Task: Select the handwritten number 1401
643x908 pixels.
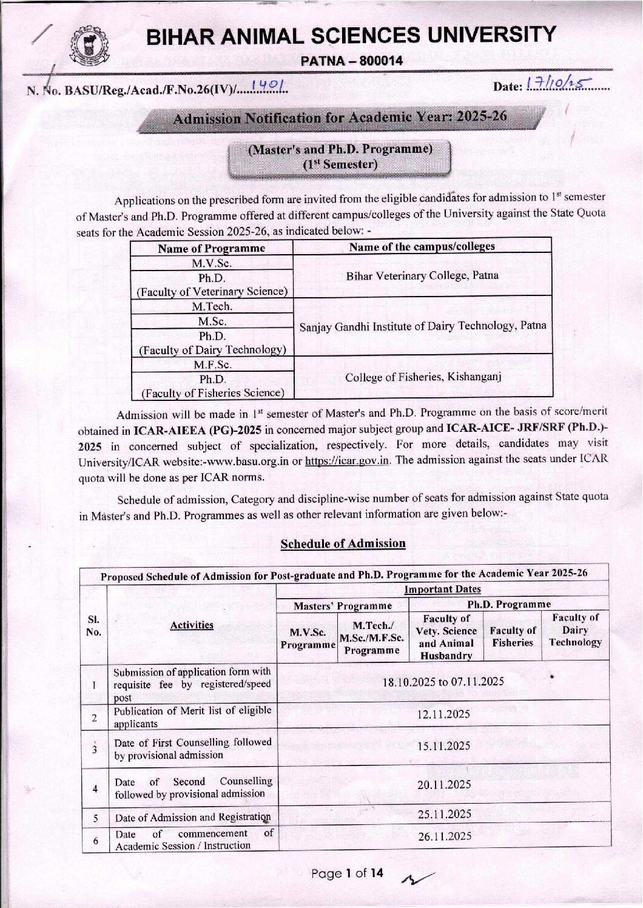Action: tap(269, 90)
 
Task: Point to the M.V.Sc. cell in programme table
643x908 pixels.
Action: tap(212, 263)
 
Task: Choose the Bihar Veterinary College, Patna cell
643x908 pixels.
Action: tap(422, 275)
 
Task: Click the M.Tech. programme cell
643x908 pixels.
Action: tap(212, 307)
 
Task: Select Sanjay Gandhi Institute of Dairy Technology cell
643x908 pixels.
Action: tap(423, 326)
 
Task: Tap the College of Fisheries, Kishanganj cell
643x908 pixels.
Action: tap(422, 377)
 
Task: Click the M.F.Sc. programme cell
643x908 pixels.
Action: tap(212, 365)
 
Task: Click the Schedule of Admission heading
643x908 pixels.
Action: tap(343, 543)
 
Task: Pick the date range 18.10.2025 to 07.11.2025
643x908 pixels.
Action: tap(443, 682)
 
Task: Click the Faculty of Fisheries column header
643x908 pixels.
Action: tap(513, 637)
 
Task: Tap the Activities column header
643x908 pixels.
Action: tap(192, 625)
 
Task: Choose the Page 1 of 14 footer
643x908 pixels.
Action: tap(348, 873)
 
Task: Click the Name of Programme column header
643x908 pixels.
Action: tap(212, 248)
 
